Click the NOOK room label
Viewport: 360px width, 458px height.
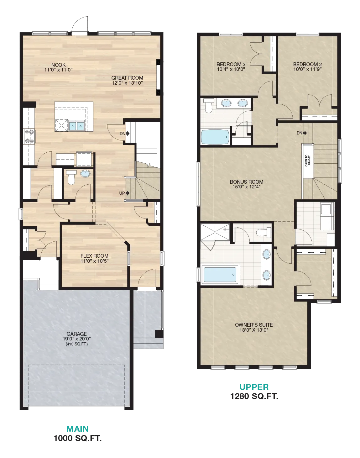coord(59,65)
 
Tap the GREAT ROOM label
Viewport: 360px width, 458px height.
coord(127,78)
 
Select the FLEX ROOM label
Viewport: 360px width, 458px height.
coord(95,256)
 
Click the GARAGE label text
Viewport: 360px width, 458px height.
coord(76,334)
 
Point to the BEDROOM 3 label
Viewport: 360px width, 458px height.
coord(231,64)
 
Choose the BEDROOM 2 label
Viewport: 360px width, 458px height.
coord(307,64)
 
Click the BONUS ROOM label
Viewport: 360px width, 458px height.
coord(247,182)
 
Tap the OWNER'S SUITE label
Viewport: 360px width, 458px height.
coord(254,325)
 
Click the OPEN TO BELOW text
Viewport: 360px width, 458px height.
coord(307,161)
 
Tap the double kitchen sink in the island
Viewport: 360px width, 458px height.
coord(76,126)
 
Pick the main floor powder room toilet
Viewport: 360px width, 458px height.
coord(71,177)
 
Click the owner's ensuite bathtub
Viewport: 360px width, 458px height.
coord(220,274)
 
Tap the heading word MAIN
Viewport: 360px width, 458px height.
coord(77,429)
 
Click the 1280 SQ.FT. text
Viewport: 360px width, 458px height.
coord(254,396)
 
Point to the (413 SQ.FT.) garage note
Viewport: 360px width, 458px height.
coord(76,344)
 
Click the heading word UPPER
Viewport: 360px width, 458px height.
coord(254,387)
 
